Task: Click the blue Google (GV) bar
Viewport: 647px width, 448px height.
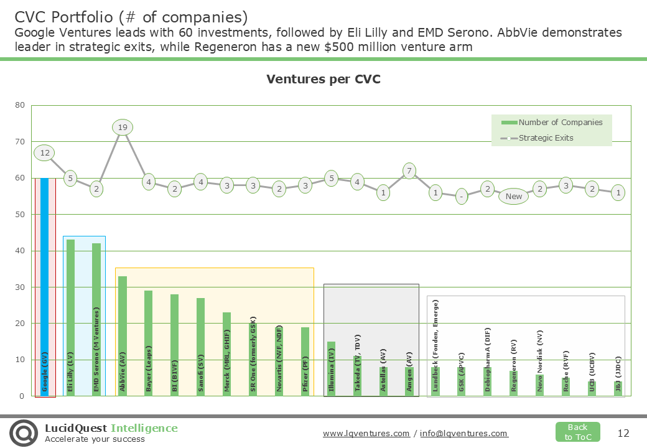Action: pyautogui.click(x=45, y=286)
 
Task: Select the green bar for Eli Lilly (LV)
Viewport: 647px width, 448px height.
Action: pyautogui.click(x=70, y=317)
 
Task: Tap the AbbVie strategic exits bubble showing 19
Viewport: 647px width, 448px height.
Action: pyautogui.click(x=123, y=128)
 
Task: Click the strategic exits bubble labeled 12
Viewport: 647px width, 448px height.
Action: pyautogui.click(x=45, y=152)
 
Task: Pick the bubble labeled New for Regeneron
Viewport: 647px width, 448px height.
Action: pyautogui.click(x=514, y=196)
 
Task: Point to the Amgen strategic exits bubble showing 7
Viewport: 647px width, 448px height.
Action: pyautogui.click(x=409, y=170)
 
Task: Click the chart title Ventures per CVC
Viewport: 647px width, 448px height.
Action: pyautogui.click(x=323, y=79)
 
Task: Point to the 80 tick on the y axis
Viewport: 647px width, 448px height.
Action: pyautogui.click(x=20, y=105)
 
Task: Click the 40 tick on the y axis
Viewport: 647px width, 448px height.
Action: pyautogui.click(x=20, y=251)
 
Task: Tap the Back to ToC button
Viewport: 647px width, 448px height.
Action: pyautogui.click(x=577, y=432)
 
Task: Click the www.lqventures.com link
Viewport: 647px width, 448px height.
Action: pyautogui.click(x=366, y=434)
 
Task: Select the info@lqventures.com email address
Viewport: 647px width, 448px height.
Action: pyautogui.click(x=464, y=434)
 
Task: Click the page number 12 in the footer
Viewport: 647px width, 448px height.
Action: pyautogui.click(x=623, y=433)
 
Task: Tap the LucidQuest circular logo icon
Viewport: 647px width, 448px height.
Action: pyautogui.click(x=23, y=432)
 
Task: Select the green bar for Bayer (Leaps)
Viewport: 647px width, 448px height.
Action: pyautogui.click(x=148, y=343)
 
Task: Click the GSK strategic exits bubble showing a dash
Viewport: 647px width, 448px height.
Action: pyautogui.click(x=461, y=196)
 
